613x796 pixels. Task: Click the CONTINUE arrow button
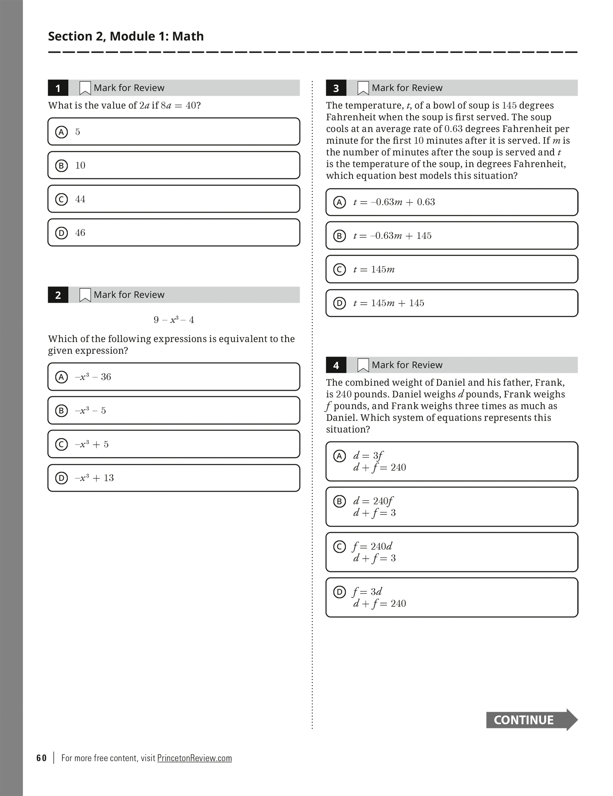(x=531, y=720)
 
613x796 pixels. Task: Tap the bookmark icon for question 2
(x=85, y=295)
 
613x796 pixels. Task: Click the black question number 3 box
(x=336, y=88)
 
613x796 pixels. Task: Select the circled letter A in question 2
(x=61, y=377)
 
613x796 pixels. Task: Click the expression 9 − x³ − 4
(x=174, y=320)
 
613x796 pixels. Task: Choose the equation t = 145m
(x=374, y=270)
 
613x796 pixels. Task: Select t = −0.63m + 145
(x=392, y=236)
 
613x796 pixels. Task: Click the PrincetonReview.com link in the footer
(x=194, y=758)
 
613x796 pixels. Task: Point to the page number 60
(x=41, y=758)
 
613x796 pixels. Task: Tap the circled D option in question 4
(x=339, y=592)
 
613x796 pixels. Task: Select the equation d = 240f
(x=373, y=501)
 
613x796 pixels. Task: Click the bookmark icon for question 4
(x=363, y=365)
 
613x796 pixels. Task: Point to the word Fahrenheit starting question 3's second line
(x=349, y=117)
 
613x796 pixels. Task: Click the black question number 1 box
(x=58, y=88)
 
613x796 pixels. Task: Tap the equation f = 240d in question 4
(x=372, y=547)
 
